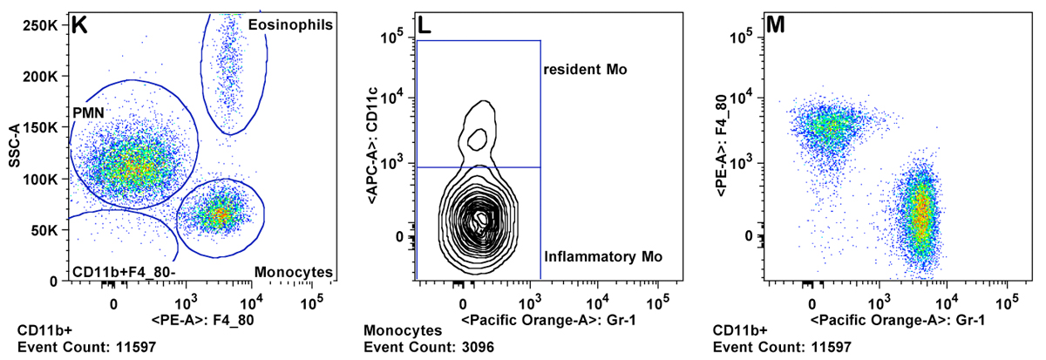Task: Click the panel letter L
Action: pos(425,25)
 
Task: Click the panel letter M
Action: pos(775,25)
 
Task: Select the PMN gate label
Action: pos(90,112)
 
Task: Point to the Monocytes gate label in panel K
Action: pos(294,272)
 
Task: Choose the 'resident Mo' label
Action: pos(585,68)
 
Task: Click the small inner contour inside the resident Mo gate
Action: pos(476,138)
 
